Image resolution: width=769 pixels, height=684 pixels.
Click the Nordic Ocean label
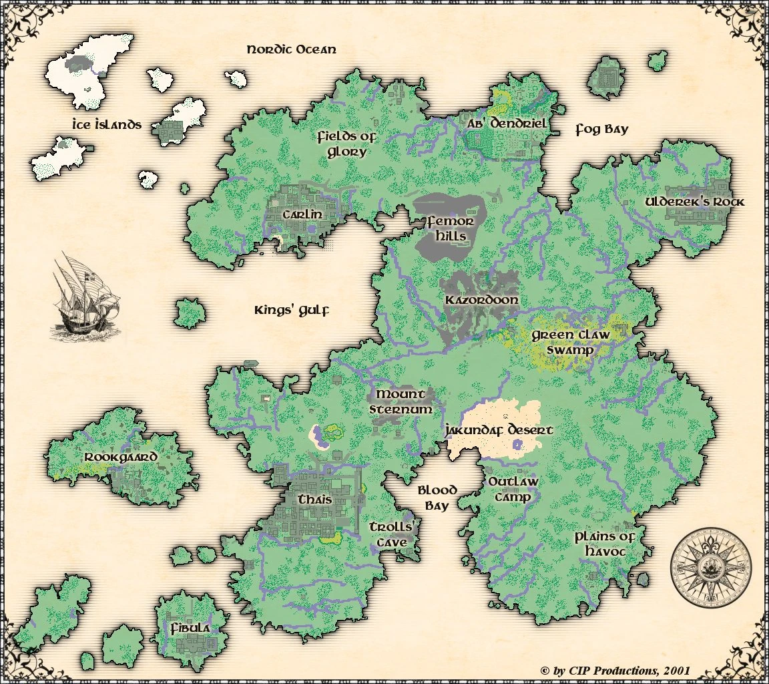[x=291, y=50]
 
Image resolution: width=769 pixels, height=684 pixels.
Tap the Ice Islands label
[x=107, y=124]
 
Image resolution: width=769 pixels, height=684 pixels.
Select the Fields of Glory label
[x=346, y=144]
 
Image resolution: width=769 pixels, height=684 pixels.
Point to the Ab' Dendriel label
[x=507, y=124]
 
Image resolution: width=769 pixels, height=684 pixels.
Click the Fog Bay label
[x=601, y=130]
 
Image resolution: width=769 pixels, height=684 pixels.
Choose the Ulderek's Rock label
[x=694, y=202]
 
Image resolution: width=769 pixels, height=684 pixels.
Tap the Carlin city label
[x=302, y=214]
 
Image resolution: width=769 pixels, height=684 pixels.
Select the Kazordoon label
[x=481, y=300]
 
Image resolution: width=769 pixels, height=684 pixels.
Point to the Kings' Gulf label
[x=292, y=311]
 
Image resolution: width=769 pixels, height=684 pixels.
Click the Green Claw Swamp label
[x=570, y=343]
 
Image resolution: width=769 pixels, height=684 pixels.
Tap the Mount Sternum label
[x=401, y=402]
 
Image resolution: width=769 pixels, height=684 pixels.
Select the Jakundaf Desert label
[x=499, y=430]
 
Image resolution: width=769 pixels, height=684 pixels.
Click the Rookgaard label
[x=121, y=458]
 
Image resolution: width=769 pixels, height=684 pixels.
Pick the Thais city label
[x=315, y=500]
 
